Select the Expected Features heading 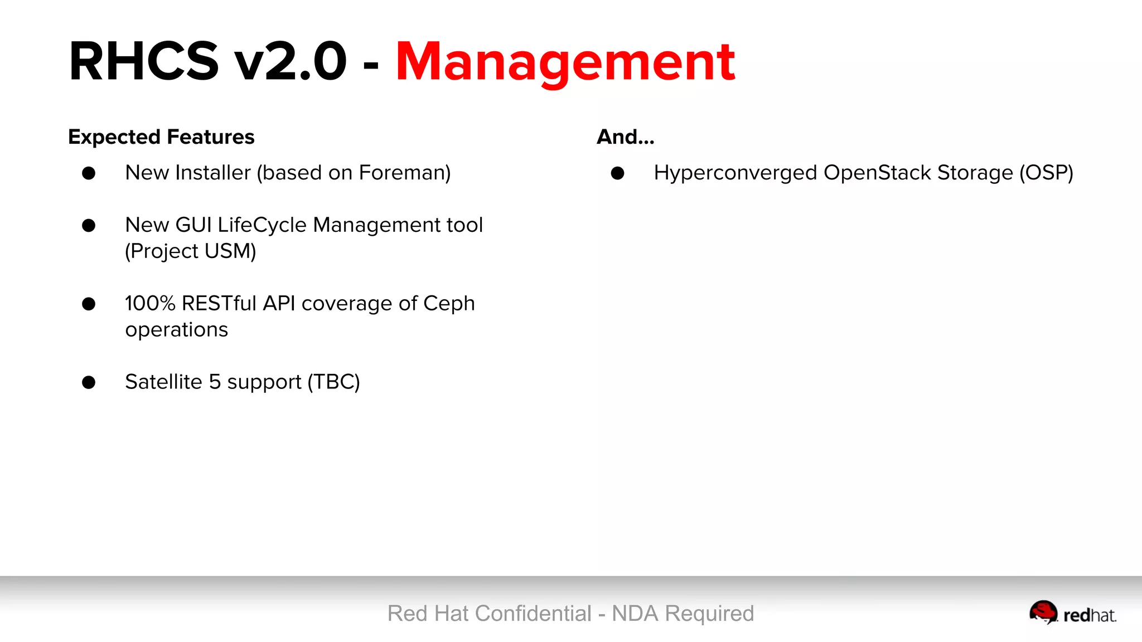point(161,137)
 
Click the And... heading point(625,137)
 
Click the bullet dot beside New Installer point(89,173)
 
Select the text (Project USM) point(191,251)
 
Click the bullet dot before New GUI point(89,226)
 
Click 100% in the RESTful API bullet point(150,304)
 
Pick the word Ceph point(449,304)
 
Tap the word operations point(176,330)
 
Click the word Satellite point(163,382)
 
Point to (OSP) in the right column point(1046,173)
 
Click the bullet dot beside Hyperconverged point(617,173)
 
